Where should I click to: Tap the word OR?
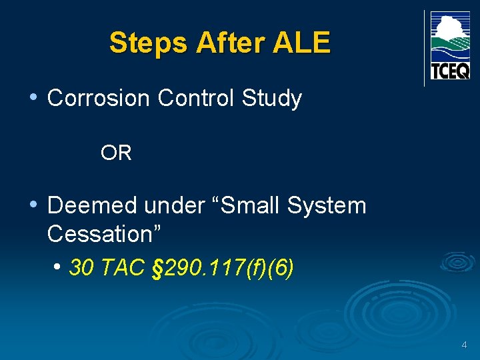click(116, 153)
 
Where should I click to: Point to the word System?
click(327, 206)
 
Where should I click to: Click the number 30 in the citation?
click(81, 268)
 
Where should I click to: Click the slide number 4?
click(464, 345)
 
